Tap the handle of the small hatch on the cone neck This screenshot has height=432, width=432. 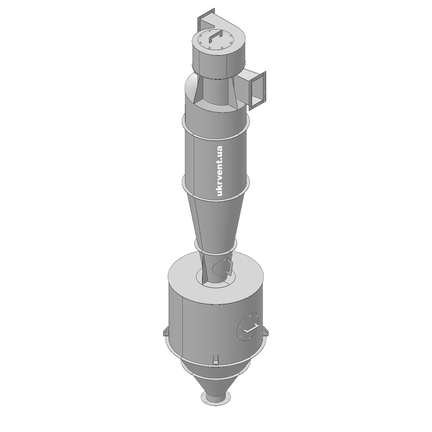coord(229,267)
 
